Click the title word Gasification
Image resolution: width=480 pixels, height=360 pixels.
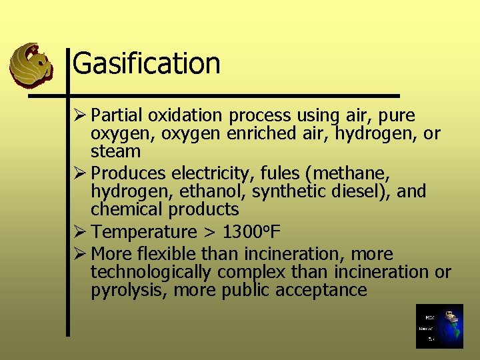click(146, 64)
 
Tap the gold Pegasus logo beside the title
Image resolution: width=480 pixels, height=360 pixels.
click(31, 65)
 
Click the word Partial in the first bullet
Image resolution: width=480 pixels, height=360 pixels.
click(117, 115)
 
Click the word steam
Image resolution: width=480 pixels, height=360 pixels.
click(115, 151)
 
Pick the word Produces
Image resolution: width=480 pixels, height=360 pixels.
click(129, 173)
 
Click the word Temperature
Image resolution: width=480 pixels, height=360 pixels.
click(143, 232)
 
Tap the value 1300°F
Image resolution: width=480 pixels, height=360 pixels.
click(251, 232)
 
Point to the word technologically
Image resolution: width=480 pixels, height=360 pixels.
click(151, 272)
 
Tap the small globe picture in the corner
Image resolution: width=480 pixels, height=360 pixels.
click(439, 326)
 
